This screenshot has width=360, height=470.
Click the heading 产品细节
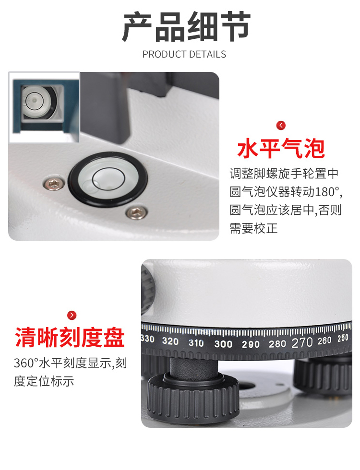point(186,27)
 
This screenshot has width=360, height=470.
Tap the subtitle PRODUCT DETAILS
point(184,54)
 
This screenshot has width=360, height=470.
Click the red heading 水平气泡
point(281,148)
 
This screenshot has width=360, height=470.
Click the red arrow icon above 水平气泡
point(281,125)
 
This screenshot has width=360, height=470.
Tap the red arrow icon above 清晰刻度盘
point(72,315)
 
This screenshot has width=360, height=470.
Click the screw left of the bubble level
point(54,183)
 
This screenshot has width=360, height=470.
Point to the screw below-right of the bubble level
point(136,212)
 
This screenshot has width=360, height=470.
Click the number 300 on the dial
point(223,344)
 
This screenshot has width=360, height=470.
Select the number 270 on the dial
point(302,342)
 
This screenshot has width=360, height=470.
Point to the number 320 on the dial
point(170,341)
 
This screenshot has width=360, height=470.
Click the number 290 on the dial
point(251,344)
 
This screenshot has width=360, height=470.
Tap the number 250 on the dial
point(343,338)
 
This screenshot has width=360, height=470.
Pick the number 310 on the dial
point(196,343)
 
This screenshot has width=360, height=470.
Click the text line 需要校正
point(254,228)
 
